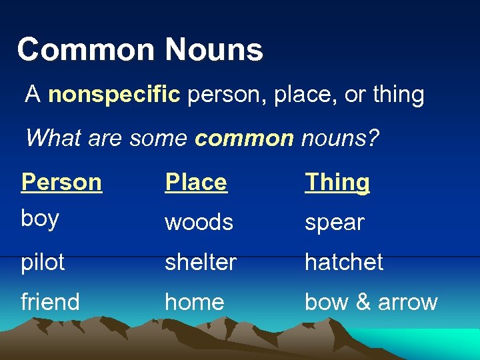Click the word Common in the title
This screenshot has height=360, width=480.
[85, 51]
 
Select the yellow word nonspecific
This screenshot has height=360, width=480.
[114, 95]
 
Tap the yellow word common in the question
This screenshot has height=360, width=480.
[243, 138]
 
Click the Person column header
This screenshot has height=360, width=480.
[61, 182]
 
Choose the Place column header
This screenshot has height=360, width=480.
[196, 182]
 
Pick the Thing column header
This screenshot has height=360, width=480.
[337, 182]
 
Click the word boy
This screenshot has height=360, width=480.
[40, 219]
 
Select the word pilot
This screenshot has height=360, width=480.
[43, 262]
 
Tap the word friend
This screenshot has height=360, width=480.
[50, 302]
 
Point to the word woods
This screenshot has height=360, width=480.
[199, 222]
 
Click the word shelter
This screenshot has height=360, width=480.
[201, 262]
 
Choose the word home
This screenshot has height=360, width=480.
[194, 302]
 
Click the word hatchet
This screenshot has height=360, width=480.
[343, 262]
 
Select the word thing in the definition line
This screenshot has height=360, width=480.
[398, 95]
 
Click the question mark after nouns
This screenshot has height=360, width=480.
[373, 138]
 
